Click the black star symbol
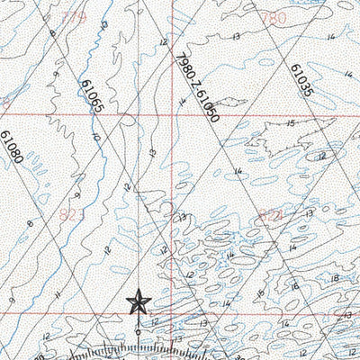[x=138, y=301]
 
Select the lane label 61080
[x=12, y=149]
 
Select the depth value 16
[x=294, y=286]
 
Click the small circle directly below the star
[x=138, y=331]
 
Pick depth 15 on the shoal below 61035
[x=290, y=122]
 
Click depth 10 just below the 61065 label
[x=96, y=138]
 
